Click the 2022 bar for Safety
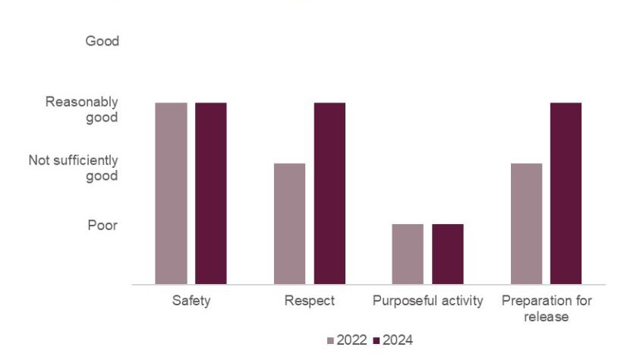171,193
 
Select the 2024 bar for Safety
210,193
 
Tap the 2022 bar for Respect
289,223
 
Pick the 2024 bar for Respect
329,193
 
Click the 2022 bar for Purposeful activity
408,254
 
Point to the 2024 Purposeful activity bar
447,254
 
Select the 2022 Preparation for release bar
526,223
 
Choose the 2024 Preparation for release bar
566,193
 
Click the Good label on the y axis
102,41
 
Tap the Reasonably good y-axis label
82,109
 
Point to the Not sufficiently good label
74,168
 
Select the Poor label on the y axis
102,226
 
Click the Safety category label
191,302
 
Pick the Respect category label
309,302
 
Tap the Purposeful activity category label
427,302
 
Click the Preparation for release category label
546,308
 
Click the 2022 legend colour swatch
331,341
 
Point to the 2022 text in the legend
352,340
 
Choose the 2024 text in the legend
398,340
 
